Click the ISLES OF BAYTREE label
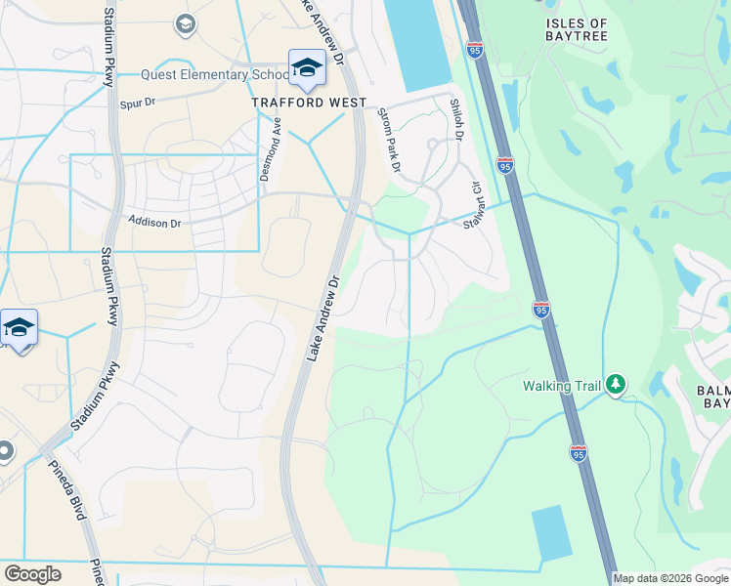click(577, 29)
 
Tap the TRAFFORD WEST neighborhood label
click(308, 102)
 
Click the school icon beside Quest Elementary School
click(305, 68)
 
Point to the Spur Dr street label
click(138, 102)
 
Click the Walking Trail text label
click(562, 386)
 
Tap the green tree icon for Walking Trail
click(616, 385)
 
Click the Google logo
click(32, 573)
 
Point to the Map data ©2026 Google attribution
click(670, 578)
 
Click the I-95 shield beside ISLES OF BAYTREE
click(475, 50)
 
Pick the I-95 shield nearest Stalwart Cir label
click(505, 165)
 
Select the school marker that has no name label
click(18, 328)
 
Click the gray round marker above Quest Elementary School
click(184, 22)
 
